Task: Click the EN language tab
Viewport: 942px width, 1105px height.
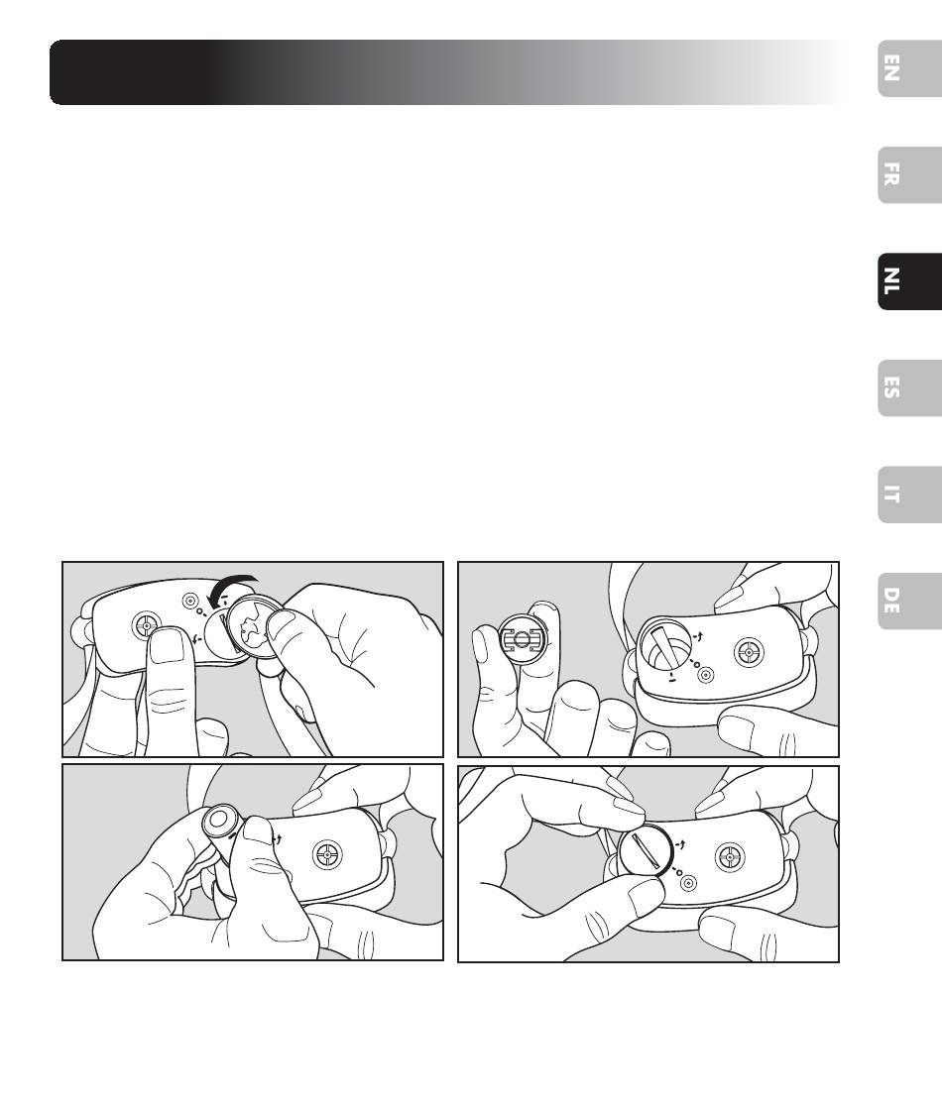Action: pyautogui.click(x=909, y=68)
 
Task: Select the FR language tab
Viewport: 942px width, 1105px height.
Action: pyautogui.click(x=909, y=174)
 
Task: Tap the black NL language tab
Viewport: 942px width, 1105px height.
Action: pyautogui.click(x=909, y=281)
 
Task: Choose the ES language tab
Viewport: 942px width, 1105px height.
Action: pyautogui.click(x=909, y=387)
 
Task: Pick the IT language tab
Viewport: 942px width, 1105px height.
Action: pyautogui.click(x=909, y=494)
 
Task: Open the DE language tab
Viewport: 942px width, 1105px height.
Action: pyautogui.click(x=909, y=601)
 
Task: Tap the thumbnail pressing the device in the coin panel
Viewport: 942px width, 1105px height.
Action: pyautogui.click(x=168, y=646)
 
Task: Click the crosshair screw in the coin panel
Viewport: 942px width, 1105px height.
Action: pyautogui.click(x=147, y=624)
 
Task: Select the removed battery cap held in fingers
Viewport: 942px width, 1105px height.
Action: pyautogui.click(x=523, y=638)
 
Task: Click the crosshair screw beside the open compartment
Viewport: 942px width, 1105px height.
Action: pyautogui.click(x=749, y=653)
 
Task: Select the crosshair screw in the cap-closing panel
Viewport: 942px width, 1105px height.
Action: pyautogui.click(x=730, y=857)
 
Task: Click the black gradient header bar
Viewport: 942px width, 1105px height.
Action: pyautogui.click(x=445, y=72)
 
